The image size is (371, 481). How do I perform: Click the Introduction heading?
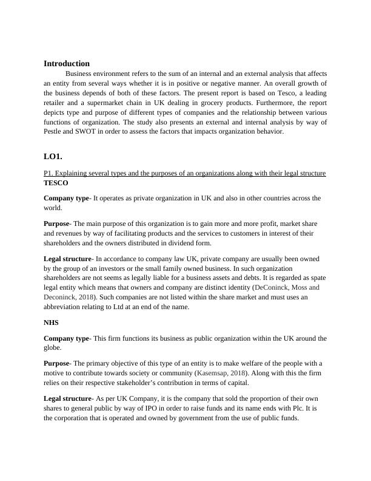pyautogui.click(x=67, y=63)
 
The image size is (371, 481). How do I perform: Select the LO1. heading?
pyautogui.click(x=53, y=156)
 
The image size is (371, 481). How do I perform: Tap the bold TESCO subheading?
pyautogui.click(x=56, y=182)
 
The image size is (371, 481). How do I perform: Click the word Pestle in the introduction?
pyautogui.click(x=56, y=131)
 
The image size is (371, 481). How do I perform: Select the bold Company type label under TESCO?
pyautogui.click(x=66, y=198)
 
